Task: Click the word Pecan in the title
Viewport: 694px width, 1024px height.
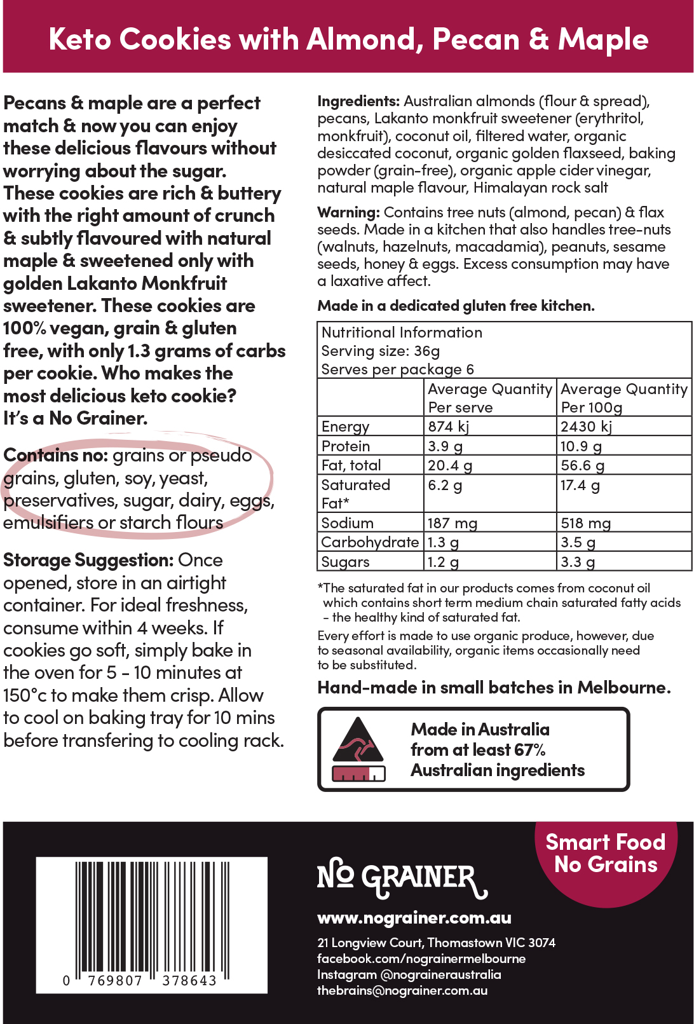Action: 477,39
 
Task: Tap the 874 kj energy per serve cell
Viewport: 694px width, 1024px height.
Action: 449,427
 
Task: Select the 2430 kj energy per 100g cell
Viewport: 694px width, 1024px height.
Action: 587,427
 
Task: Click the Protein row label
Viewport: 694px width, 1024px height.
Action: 346,446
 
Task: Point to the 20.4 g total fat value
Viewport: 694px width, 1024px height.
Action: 450,466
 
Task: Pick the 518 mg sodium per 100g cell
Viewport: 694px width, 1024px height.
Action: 585,524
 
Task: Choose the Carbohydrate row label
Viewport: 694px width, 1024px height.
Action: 370,542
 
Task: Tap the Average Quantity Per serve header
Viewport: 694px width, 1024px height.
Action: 489,398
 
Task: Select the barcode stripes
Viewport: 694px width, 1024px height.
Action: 152,915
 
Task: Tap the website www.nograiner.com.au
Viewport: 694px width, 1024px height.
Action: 414,918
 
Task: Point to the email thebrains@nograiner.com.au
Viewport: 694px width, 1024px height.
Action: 402,990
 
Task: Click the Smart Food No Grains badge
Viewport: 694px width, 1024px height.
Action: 606,854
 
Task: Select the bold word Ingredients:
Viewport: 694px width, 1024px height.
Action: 358,102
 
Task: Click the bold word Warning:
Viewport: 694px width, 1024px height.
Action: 348,212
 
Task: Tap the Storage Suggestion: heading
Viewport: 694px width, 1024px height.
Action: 88,561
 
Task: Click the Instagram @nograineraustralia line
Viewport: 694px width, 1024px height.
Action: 409,974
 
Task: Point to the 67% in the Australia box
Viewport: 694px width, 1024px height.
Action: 530,750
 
